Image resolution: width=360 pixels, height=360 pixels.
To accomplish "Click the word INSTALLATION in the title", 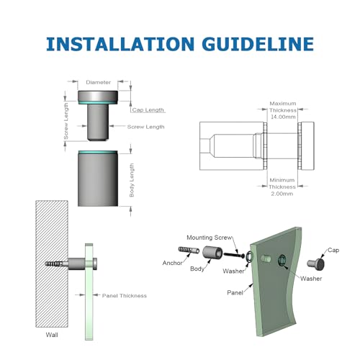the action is click(x=120, y=44).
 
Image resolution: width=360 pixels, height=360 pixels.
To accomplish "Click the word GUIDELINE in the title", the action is click(x=258, y=44).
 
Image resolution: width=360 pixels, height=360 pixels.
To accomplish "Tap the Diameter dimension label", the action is click(x=98, y=82).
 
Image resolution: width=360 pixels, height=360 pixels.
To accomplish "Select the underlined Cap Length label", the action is click(x=148, y=110).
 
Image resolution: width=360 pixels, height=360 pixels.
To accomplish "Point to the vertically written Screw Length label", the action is click(x=66, y=121).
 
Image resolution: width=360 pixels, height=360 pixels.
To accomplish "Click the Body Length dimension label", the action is click(x=132, y=180).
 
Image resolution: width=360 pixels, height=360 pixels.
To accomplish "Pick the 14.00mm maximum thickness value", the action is click(x=283, y=117).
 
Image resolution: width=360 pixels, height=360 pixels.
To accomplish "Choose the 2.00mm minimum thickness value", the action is click(x=282, y=194).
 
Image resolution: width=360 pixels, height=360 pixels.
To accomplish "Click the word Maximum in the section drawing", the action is click(x=283, y=104).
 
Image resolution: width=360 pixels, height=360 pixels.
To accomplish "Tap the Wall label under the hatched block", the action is click(x=52, y=335).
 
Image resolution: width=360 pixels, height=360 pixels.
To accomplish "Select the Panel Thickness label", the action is click(x=125, y=296).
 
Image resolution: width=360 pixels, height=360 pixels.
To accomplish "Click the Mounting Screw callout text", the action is click(x=210, y=238).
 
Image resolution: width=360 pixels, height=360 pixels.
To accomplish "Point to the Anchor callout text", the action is click(x=172, y=263).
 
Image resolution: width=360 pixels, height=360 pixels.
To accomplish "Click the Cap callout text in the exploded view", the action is click(x=333, y=250).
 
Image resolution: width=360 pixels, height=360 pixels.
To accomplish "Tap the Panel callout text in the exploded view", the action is click(x=235, y=292).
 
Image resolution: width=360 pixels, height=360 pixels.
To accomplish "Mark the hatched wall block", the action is click(x=52, y=264).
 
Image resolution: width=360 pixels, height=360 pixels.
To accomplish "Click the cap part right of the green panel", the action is click(x=316, y=264).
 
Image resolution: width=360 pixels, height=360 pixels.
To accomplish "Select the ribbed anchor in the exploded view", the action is click(x=189, y=250).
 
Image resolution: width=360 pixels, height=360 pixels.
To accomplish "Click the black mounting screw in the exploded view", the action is click(x=234, y=255).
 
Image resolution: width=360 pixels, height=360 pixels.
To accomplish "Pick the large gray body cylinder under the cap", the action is click(x=98, y=179).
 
